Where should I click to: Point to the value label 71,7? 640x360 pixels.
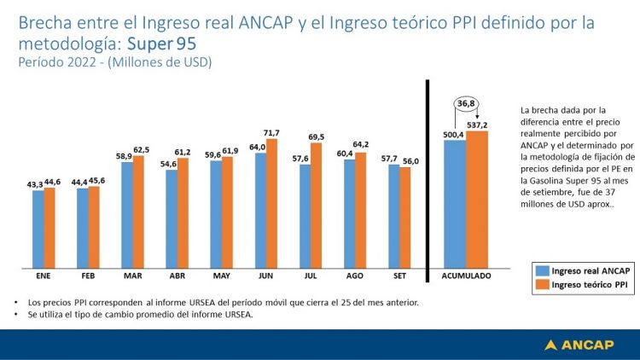coord(272,133)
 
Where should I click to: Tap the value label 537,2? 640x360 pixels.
coord(478,125)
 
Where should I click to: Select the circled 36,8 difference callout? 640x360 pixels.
coord(466,104)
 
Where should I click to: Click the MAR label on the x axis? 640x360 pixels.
coord(132,276)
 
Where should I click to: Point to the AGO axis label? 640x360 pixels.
coord(354,276)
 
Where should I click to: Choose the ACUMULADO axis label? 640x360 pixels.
coord(466,276)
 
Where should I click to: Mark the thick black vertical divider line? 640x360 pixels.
coord(427,180)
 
